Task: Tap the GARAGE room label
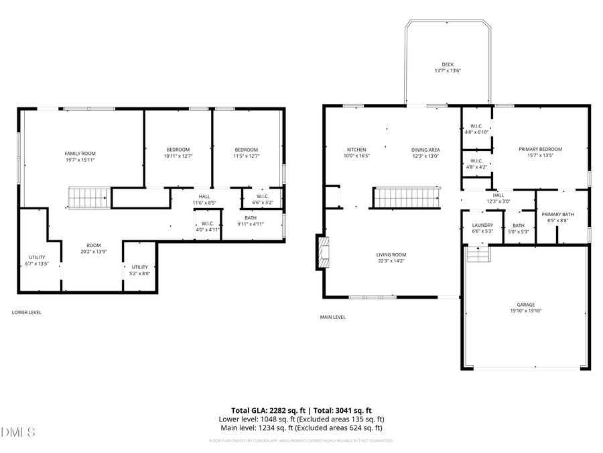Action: pyautogui.click(x=526, y=304)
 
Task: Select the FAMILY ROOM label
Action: pyautogui.click(x=80, y=154)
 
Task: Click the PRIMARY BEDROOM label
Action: pyautogui.click(x=541, y=149)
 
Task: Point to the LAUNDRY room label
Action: pyautogui.click(x=482, y=225)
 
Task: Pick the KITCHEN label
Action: pyautogui.click(x=356, y=149)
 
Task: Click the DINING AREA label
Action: pyautogui.click(x=425, y=149)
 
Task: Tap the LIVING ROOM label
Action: pyautogui.click(x=391, y=254)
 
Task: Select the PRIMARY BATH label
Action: pyautogui.click(x=558, y=214)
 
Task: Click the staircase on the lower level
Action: pyautogui.click(x=89, y=199)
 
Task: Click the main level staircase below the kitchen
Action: pyautogui.click(x=399, y=199)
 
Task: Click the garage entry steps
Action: pyautogui.click(x=477, y=255)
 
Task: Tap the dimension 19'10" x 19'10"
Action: pyautogui.click(x=526, y=311)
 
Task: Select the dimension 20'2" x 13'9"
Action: pyautogui.click(x=93, y=252)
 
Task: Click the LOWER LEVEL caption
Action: pyautogui.click(x=26, y=312)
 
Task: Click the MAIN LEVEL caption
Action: pyautogui.click(x=333, y=317)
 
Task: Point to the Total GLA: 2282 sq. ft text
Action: pyautogui.click(x=267, y=410)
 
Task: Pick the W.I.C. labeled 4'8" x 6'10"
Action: pyautogui.click(x=477, y=129)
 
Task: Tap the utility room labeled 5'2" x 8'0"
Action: pyautogui.click(x=139, y=270)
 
